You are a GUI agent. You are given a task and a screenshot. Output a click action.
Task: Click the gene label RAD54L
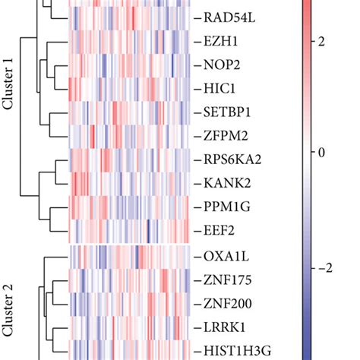[232, 17]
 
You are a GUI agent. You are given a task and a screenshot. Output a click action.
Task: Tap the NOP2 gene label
[225, 65]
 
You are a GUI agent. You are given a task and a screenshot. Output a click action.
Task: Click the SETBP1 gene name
[231, 112]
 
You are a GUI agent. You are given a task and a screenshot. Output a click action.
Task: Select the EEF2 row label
[223, 229]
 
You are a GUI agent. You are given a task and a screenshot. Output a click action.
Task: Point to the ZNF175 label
[230, 280]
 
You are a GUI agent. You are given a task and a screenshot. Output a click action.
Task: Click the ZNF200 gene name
[230, 304]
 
